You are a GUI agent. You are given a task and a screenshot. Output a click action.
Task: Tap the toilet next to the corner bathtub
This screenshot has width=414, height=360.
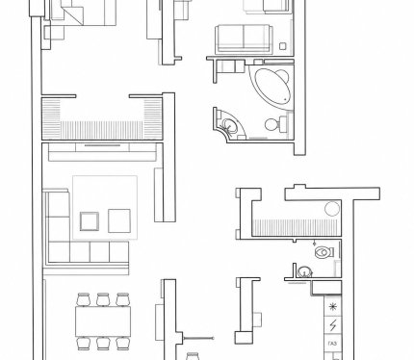pos(276,124)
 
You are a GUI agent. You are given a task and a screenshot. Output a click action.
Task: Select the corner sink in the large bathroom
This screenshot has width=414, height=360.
pos(229,125)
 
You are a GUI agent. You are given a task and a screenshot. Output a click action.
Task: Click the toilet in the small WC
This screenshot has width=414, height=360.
pos(324,252)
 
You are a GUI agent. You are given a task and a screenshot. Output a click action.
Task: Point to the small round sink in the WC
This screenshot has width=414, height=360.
pos(304,272)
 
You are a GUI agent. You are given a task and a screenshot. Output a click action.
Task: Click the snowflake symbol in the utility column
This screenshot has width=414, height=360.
pos(333,307)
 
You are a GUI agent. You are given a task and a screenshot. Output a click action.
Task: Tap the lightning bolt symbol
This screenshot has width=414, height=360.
pos(333,325)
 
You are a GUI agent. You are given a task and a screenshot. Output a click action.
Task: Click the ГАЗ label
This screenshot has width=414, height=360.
pos(333,344)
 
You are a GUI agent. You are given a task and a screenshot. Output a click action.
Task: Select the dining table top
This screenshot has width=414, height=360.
pos(103,321)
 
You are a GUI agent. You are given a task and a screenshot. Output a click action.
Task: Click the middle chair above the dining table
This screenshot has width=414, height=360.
pos(103,299)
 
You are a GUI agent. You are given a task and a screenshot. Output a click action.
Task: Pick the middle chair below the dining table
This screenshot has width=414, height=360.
pos(103,343)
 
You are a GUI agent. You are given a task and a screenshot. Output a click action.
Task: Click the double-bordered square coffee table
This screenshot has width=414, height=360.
pos(90,221)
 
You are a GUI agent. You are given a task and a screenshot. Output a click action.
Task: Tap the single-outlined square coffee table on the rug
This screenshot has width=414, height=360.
pos(119,220)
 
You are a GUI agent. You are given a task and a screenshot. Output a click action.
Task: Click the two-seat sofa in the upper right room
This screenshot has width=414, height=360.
pos(244,39)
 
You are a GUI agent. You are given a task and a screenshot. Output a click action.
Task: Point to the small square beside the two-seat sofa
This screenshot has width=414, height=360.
pos(282,46)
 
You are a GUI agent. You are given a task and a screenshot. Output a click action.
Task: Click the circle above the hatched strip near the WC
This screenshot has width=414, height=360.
pos(332,209)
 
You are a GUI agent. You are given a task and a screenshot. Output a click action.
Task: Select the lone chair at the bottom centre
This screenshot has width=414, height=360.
pos(193,356)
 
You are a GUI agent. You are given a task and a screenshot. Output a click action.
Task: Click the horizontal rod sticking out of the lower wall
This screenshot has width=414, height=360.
pos(197,338)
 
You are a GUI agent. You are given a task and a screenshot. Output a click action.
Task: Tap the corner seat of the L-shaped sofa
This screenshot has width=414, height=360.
pos(59,252)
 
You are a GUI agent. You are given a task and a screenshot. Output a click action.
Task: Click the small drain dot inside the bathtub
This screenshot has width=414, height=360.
pos(285,100)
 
